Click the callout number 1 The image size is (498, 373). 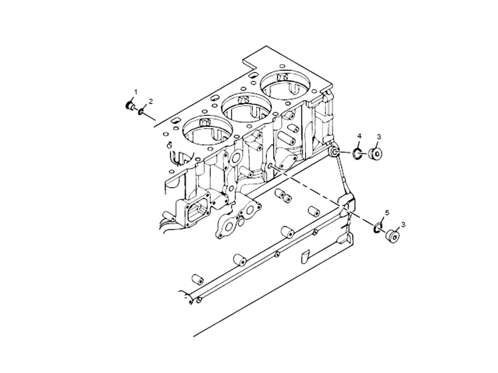pos(136,92)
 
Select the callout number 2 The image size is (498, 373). pos(150,101)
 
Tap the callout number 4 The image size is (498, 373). pos(359,136)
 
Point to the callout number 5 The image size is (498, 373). pos(387,213)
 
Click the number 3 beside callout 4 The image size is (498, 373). pos(378,137)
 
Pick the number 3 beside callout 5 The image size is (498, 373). pos(403,224)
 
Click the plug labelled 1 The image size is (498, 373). pos(131,106)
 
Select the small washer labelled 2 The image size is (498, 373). pos(143,111)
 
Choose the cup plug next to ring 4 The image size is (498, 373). pos(375,154)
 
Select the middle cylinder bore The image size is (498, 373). pos(247,107)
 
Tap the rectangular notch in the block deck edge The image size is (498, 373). pos(251,62)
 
